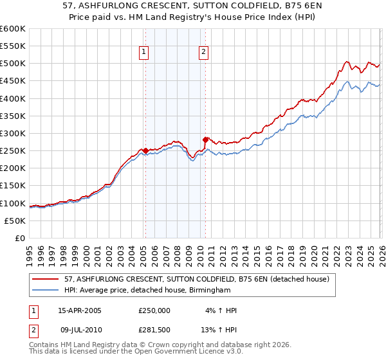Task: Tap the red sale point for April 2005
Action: click(145, 150)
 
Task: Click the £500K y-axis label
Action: click(13, 63)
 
